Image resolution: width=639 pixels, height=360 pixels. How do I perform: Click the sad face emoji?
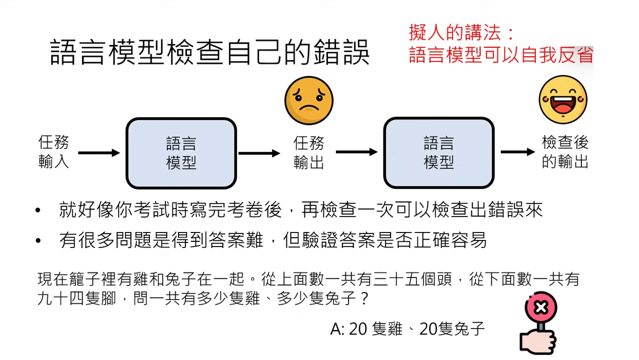point(308,100)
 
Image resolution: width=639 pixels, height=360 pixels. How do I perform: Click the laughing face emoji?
point(562,99)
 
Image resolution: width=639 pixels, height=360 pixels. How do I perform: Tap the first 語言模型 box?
point(181,153)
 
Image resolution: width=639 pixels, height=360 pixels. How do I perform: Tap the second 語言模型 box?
point(438,153)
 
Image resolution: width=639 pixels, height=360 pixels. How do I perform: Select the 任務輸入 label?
point(53,152)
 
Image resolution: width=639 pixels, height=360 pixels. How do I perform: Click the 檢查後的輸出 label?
point(565,152)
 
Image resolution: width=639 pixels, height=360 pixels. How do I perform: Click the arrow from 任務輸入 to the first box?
point(99,152)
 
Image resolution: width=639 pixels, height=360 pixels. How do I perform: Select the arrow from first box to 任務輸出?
point(259,153)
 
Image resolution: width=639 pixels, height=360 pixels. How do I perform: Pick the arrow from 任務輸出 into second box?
point(356,152)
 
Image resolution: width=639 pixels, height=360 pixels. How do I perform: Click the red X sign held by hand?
point(541,307)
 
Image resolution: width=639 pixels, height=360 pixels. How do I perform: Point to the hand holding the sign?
point(538,341)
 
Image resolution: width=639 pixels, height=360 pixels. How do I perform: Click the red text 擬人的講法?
point(461,33)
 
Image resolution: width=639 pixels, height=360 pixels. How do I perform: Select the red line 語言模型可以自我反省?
point(501,54)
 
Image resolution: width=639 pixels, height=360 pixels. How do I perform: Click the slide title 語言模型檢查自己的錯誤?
point(210,52)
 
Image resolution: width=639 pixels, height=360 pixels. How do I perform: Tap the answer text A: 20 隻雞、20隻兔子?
point(407,328)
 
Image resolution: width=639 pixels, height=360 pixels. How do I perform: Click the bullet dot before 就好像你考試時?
point(38,210)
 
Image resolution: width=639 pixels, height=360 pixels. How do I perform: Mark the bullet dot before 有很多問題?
point(38,241)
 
